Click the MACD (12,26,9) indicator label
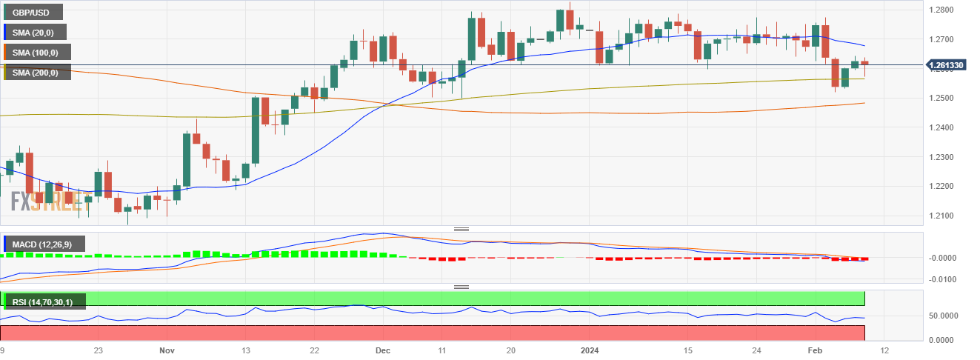pos(44,244)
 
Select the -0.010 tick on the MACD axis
pos(944,279)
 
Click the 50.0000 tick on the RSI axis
pos(947,316)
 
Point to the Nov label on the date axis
pos(167,349)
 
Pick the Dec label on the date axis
pos(383,349)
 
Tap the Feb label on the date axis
pos(814,349)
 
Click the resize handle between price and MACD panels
pos(461,229)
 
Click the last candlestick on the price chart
pos(864,64)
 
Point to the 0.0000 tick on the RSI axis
pos(947,340)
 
